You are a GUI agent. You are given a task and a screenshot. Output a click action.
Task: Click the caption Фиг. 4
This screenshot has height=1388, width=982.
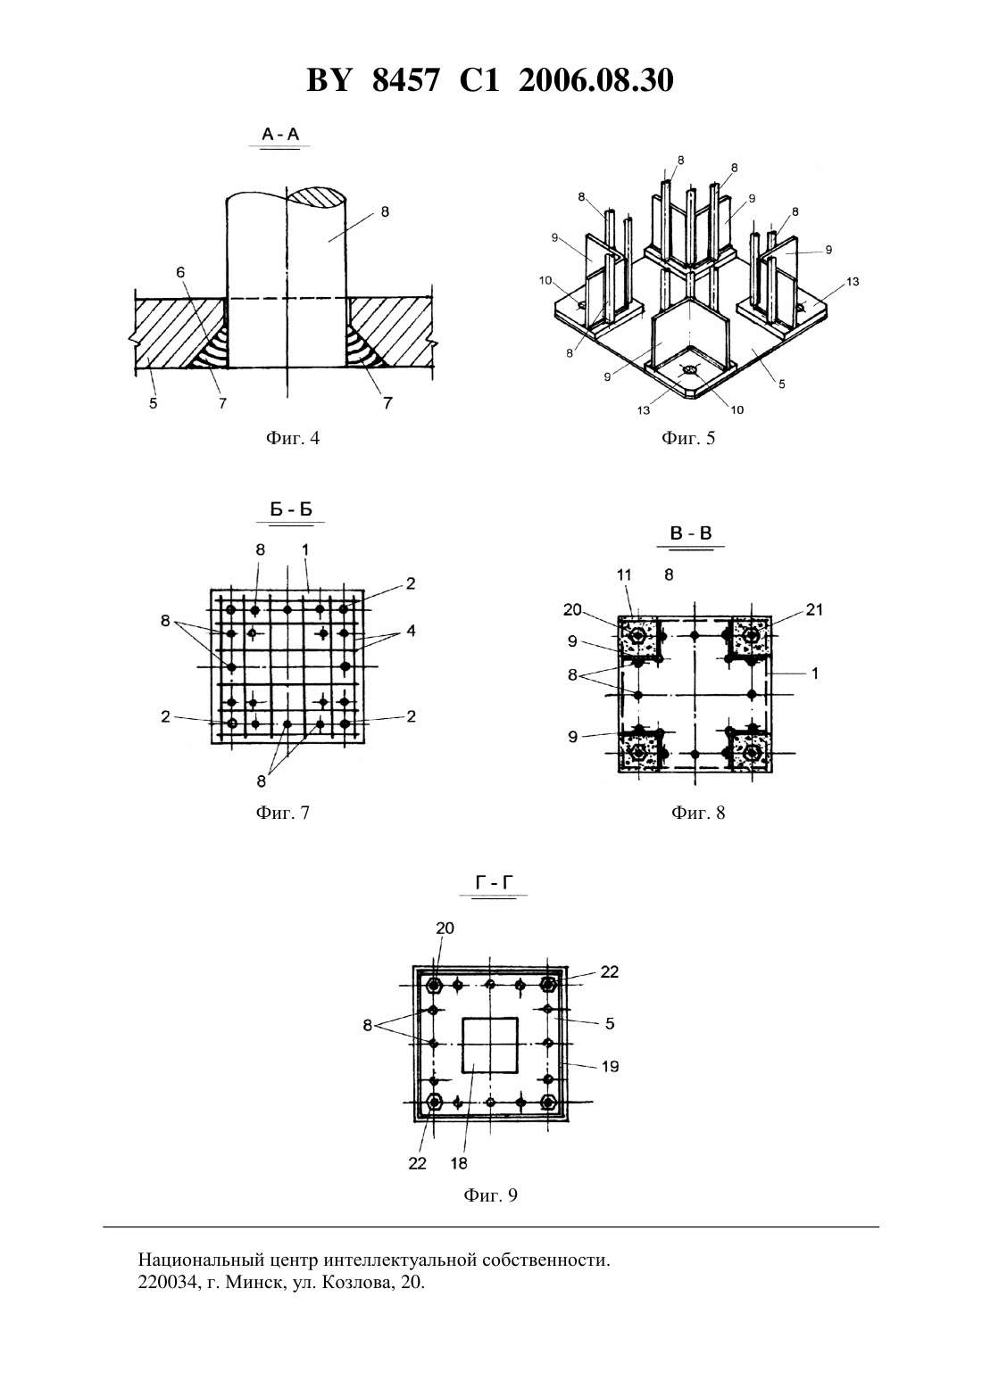[x=293, y=438]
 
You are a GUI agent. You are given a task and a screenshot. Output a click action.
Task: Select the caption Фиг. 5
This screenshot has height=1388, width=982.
[x=688, y=438]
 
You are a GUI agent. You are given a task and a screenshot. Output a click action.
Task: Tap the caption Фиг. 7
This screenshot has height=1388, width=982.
[x=283, y=813]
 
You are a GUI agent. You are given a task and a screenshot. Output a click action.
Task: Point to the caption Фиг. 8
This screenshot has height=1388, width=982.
[x=698, y=813]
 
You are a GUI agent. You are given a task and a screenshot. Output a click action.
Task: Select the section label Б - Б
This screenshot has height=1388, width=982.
[x=291, y=509]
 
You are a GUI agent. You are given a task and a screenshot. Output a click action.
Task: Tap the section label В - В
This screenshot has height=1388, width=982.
[x=691, y=533]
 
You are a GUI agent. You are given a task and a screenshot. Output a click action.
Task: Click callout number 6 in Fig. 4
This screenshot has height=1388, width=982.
[x=180, y=273]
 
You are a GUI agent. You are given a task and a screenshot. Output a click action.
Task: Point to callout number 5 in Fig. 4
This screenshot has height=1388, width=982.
[x=154, y=403]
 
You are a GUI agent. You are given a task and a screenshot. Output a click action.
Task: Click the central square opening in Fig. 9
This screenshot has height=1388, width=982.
[x=490, y=1045]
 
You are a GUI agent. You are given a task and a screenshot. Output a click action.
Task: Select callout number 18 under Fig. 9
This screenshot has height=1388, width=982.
[x=459, y=1164]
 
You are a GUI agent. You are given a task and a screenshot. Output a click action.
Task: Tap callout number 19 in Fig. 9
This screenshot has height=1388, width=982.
[x=611, y=1066]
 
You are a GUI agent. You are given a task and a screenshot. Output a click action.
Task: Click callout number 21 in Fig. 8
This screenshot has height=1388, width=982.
[x=814, y=610]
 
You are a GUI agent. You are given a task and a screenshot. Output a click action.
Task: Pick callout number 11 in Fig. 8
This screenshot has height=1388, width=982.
[x=624, y=575]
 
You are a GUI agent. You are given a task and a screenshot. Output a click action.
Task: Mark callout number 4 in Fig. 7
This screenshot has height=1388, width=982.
[x=411, y=631]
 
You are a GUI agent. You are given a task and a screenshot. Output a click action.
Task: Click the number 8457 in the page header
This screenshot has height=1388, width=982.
[x=406, y=80]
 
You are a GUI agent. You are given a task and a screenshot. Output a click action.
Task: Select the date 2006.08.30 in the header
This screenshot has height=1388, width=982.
[x=595, y=80]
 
